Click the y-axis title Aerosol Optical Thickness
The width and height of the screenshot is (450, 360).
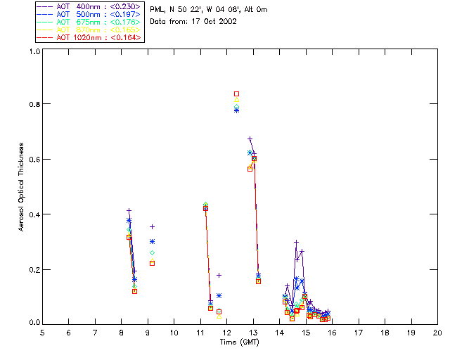coord(22,186)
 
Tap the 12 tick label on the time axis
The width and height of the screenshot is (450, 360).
coord(226,332)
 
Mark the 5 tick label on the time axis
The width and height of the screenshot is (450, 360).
coord(42,332)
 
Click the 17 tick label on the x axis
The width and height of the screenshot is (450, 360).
coord(359,332)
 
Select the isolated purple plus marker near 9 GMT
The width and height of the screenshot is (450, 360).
coord(152,226)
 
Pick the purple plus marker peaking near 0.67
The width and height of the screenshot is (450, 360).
coord(250,139)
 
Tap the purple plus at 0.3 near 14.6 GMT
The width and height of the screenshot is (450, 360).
coord(296,242)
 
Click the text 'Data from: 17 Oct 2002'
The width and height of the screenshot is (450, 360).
coord(193,21)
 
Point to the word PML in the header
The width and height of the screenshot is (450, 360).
coord(157,10)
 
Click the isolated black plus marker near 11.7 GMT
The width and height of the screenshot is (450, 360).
coord(219,275)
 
